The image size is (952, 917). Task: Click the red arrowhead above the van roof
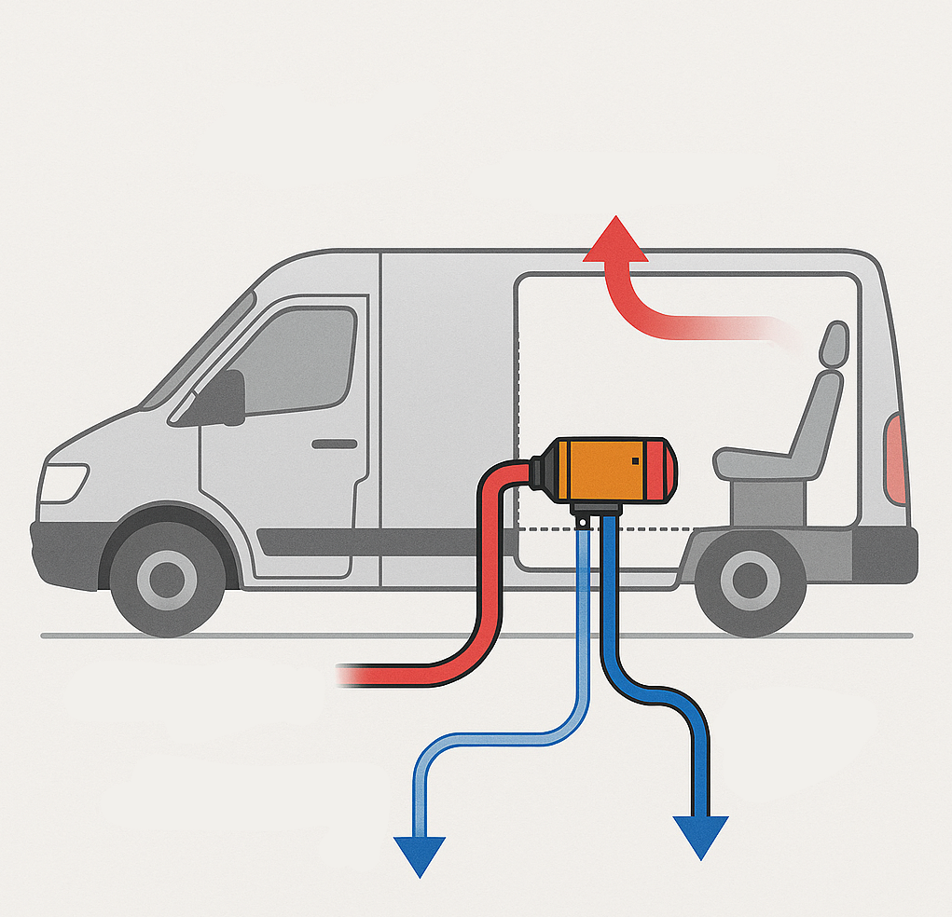[615, 240]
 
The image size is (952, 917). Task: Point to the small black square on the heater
[635, 459]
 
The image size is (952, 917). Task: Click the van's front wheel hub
[167, 579]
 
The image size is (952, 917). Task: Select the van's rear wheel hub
[750, 580]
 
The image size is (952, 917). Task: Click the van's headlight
[63, 482]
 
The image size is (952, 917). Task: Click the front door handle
[334, 445]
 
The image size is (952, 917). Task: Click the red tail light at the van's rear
[895, 458]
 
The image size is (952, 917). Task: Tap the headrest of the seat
[834, 344]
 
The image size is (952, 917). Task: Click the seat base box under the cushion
[768, 502]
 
